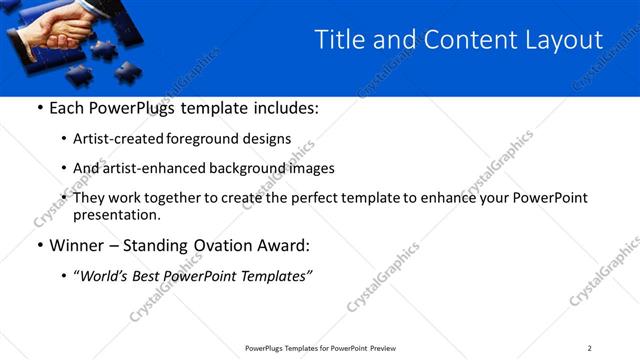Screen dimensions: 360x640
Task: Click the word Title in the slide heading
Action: [339, 40]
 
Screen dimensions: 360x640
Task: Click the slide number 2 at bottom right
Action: [589, 348]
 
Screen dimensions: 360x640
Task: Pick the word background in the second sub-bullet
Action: [220, 168]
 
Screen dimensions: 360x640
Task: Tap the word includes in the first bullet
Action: [286, 107]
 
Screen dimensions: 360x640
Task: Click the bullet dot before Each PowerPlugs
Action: [39, 108]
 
